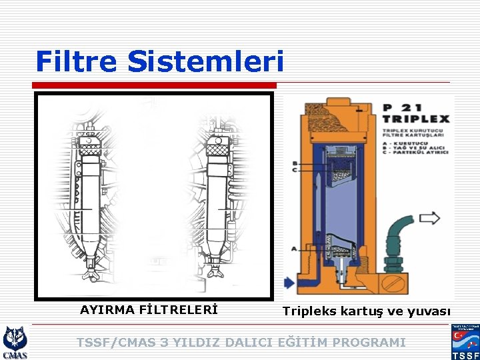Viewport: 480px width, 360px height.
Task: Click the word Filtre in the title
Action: [x=77, y=61]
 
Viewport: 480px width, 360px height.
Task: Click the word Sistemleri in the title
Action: [x=205, y=61]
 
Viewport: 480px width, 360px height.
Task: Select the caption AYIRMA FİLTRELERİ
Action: [x=149, y=309]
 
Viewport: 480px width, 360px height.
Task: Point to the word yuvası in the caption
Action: [x=430, y=311]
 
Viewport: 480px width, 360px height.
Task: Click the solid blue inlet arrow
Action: [x=288, y=283]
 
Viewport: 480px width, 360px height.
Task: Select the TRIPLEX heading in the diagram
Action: [x=417, y=119]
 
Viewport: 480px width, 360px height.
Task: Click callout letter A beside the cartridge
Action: [x=295, y=248]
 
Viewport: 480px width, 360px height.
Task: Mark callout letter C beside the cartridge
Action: [x=295, y=171]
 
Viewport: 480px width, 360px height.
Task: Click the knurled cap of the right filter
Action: [x=218, y=151]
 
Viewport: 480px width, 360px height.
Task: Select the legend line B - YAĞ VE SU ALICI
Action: [x=414, y=147]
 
